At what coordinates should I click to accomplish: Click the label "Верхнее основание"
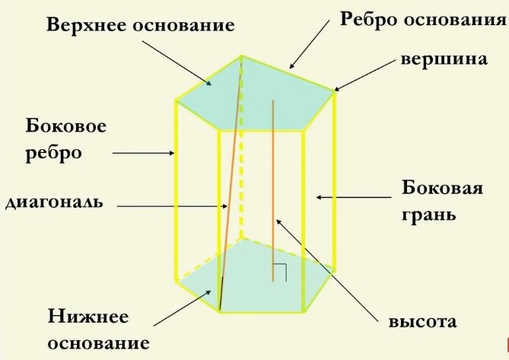[140, 24]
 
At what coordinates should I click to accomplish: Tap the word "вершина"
[444, 59]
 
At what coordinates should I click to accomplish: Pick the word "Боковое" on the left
[65, 125]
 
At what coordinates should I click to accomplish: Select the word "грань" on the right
[429, 214]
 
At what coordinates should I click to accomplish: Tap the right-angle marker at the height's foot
[279, 272]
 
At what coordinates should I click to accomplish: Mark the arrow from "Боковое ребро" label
[145, 153]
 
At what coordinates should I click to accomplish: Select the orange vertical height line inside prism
[273, 190]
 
